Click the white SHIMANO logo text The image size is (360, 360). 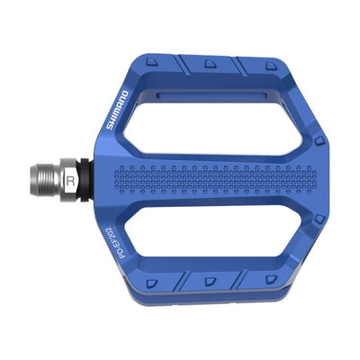coord(118,109)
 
